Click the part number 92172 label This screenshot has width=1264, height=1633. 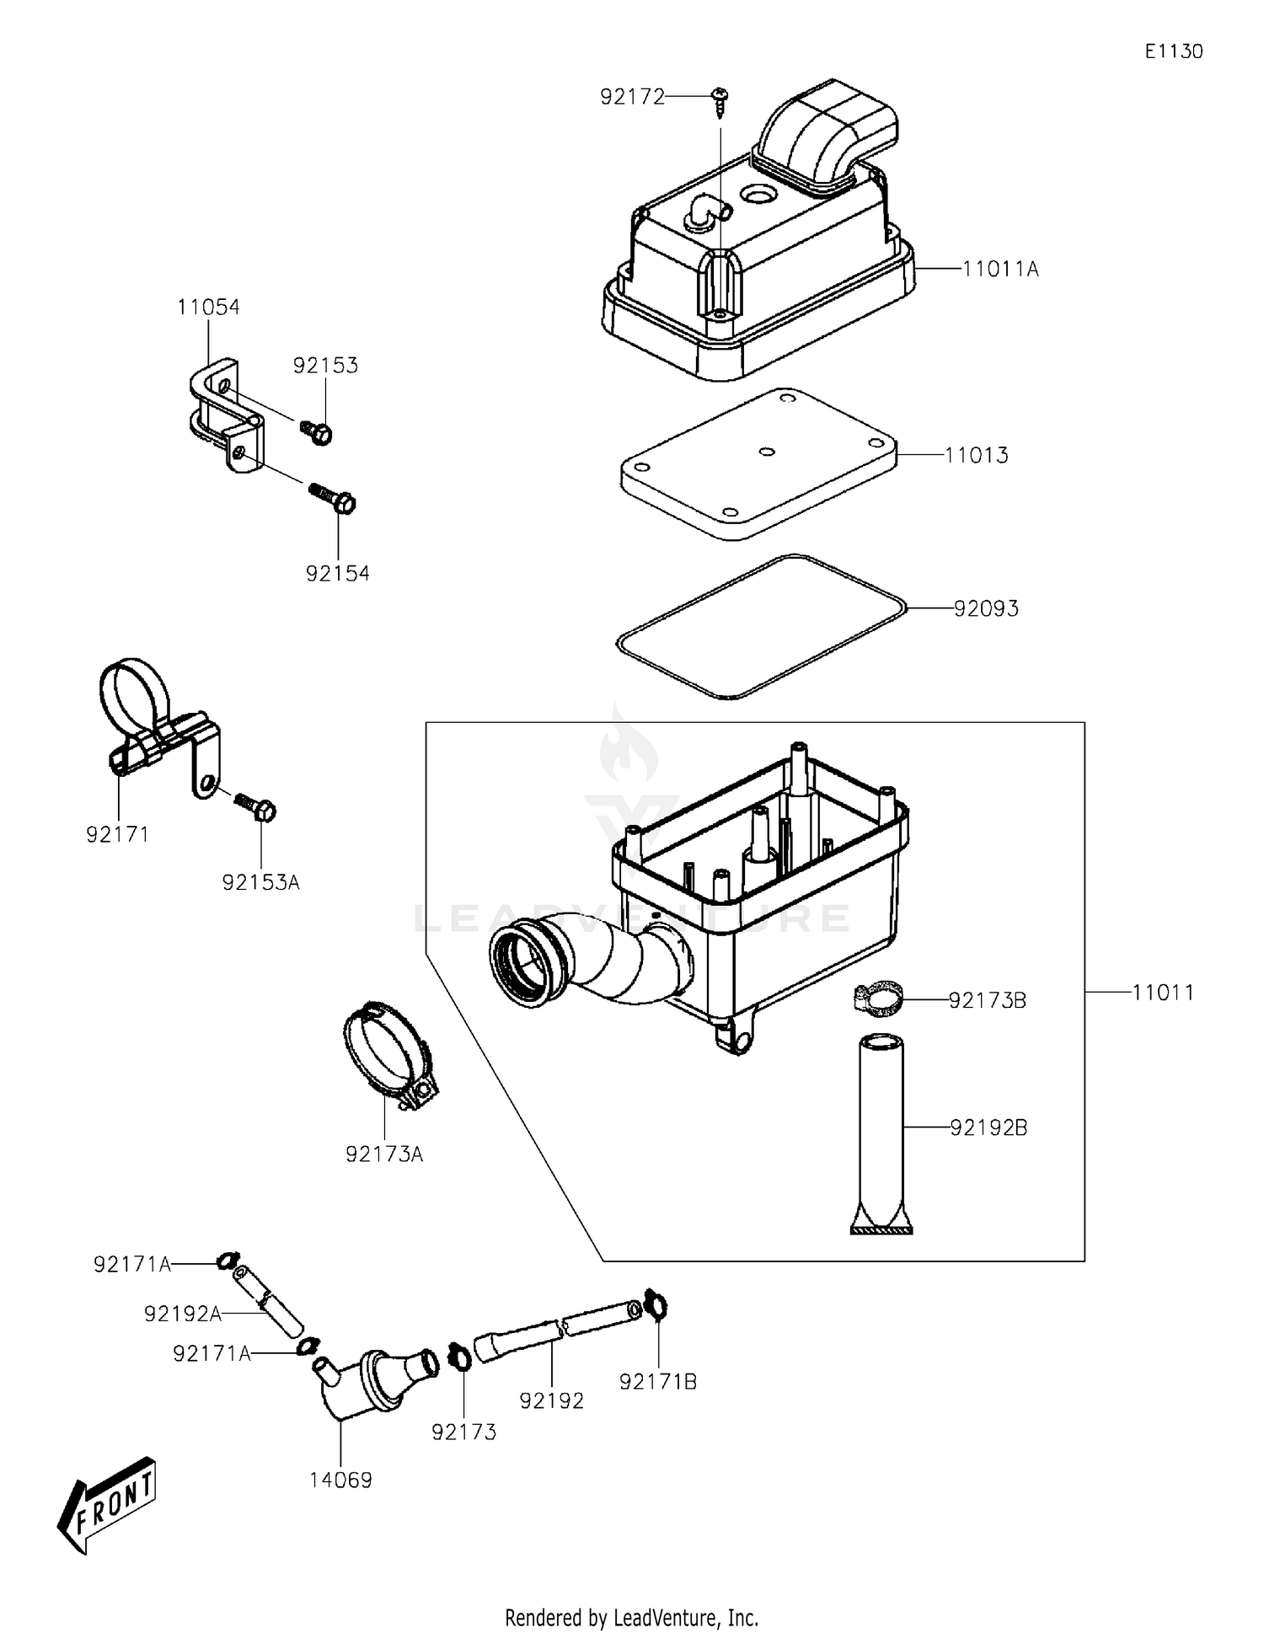[x=632, y=97]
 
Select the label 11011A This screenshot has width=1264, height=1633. [x=1000, y=270]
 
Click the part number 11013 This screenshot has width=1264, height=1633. [x=976, y=455]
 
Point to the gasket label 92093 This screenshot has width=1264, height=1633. [x=986, y=608]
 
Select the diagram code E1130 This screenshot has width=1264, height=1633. [x=1173, y=51]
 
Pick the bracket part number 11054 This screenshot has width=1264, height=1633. [x=208, y=308]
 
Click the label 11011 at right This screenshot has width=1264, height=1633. [x=1163, y=993]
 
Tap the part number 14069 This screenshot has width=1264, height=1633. [x=340, y=1480]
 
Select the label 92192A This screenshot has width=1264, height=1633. [x=182, y=1314]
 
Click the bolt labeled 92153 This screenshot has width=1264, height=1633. [x=318, y=432]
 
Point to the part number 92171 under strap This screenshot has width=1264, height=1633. [x=117, y=834]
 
